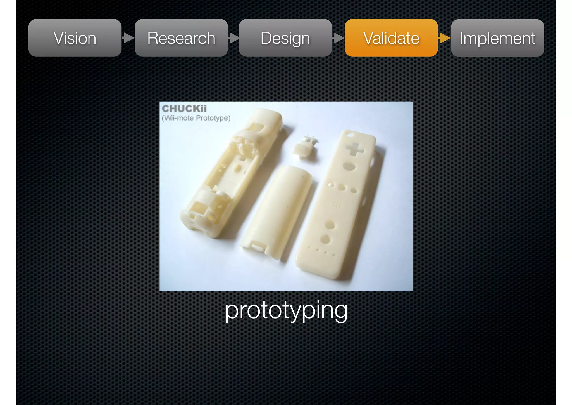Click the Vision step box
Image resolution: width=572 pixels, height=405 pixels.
click(x=75, y=38)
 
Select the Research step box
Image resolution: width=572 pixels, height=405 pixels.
click(x=181, y=38)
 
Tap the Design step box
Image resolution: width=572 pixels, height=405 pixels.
click(x=285, y=38)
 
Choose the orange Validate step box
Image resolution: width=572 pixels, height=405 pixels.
click(x=391, y=38)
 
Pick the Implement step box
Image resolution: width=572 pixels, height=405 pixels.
click(x=497, y=38)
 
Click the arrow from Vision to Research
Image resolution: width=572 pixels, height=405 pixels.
click(x=128, y=38)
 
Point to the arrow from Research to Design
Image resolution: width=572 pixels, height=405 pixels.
click(x=233, y=38)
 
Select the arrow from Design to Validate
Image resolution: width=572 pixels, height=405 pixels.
click(x=339, y=38)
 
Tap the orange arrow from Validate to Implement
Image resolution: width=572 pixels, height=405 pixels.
click(x=444, y=38)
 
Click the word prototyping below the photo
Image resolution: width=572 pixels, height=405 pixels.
click(x=286, y=310)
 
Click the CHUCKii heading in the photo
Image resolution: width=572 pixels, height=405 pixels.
click(x=184, y=109)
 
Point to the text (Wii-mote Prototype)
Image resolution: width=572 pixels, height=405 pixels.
click(x=196, y=118)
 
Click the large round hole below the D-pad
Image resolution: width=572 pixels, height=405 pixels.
click(x=349, y=166)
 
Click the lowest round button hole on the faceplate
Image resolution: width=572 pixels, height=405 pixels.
click(x=325, y=239)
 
